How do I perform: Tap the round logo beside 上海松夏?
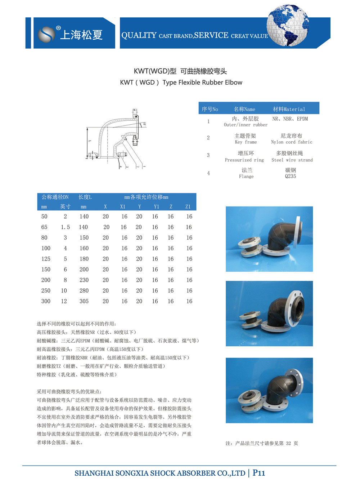point(47,34)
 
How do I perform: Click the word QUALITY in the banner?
point(139,35)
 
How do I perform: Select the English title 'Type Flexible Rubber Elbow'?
point(202,83)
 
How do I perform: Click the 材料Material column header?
point(289,109)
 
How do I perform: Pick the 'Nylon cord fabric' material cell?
point(292,142)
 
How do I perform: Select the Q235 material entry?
point(290,176)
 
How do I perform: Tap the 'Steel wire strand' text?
point(292,160)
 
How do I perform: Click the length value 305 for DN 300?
point(84,301)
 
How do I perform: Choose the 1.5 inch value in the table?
point(65,227)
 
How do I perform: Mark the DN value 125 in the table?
point(46,259)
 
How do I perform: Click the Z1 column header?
point(188,207)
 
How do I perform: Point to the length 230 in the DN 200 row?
point(84,280)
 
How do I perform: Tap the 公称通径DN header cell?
point(55,197)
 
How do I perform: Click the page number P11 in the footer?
point(259,473)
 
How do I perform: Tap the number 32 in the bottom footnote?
point(288,443)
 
